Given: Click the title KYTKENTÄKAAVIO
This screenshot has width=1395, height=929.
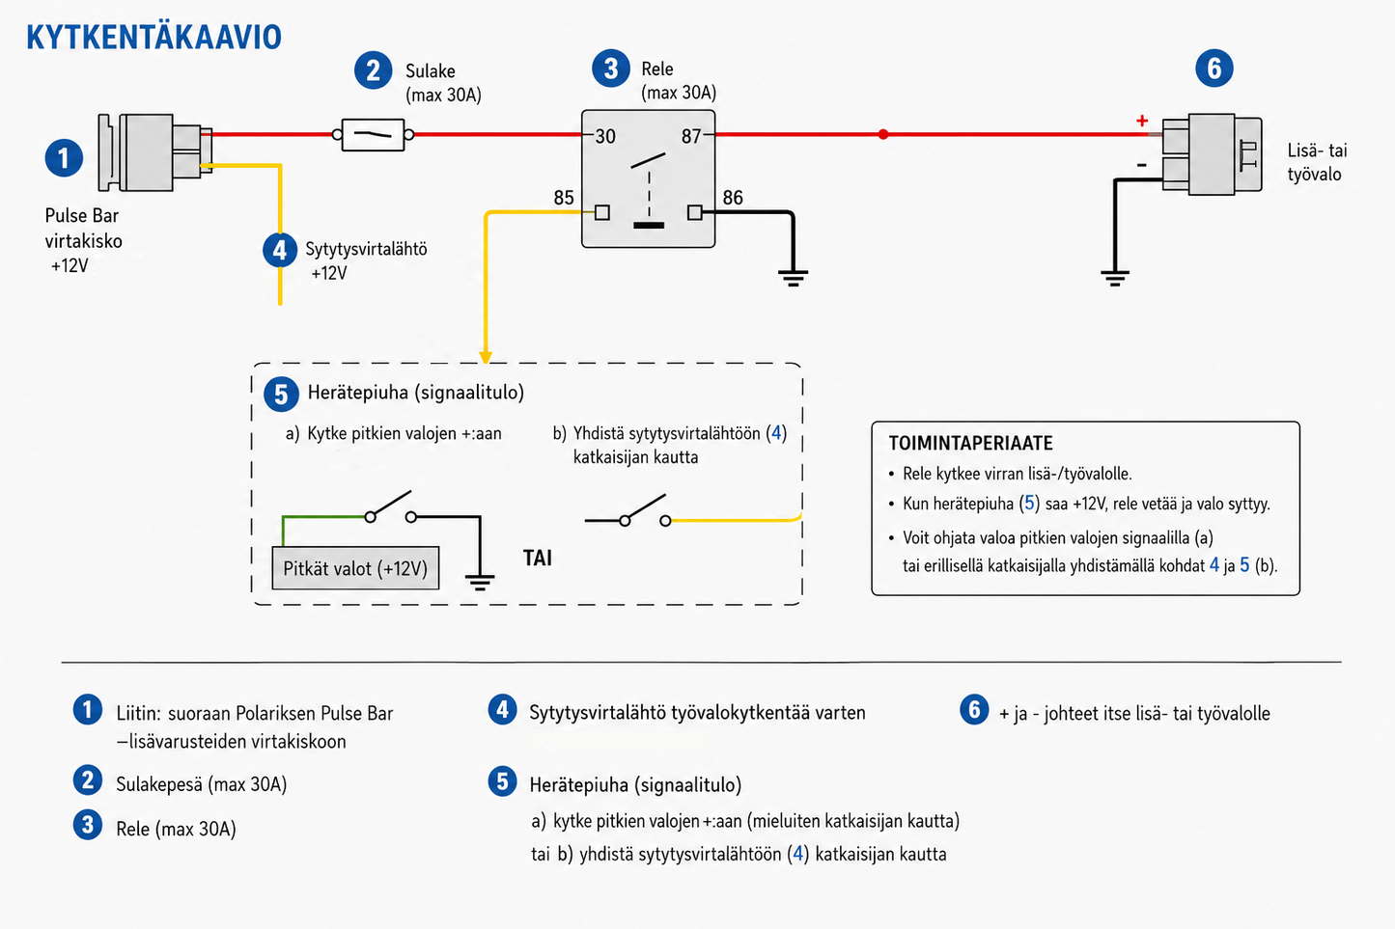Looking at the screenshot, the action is (x=153, y=38).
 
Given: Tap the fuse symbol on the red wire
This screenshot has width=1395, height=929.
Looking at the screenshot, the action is (x=373, y=134).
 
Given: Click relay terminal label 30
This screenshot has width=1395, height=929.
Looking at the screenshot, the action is (x=604, y=136).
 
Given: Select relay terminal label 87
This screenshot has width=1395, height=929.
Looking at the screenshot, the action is (x=690, y=136).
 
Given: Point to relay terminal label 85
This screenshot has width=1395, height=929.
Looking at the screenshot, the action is (x=564, y=198).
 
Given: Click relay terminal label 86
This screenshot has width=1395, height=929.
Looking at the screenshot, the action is (x=733, y=198).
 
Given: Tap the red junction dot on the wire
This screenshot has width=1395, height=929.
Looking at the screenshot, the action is (x=883, y=134).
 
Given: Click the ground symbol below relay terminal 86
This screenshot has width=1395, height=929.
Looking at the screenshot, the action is (x=793, y=278).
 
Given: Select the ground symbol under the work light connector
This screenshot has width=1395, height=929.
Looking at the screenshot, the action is (x=1115, y=278).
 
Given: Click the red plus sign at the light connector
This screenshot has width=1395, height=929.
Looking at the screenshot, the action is (x=1141, y=121).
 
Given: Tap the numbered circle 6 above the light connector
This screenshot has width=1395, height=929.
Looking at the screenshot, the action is (x=1214, y=68).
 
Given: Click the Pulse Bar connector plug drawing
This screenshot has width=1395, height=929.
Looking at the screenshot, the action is (x=155, y=152).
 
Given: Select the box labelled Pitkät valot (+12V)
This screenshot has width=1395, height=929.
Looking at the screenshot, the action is (x=355, y=568).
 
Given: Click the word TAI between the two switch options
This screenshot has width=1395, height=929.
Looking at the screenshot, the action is (x=538, y=559).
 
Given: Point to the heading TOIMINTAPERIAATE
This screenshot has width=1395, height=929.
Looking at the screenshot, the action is (x=970, y=443).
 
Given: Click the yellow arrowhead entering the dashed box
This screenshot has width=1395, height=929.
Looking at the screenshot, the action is (x=486, y=357).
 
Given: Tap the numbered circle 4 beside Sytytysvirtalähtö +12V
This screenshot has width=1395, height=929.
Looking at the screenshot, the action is (x=280, y=250).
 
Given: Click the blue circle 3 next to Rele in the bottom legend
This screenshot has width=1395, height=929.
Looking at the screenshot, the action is (x=88, y=825).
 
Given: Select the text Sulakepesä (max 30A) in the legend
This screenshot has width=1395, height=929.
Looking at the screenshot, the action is (x=201, y=784).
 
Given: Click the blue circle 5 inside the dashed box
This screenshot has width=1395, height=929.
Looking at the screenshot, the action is (x=281, y=394).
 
